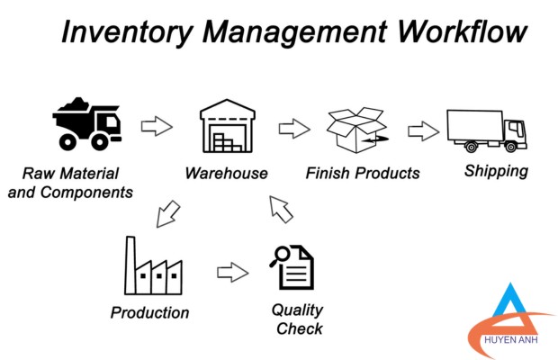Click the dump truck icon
(x=87, y=124)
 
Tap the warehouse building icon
(x=228, y=126)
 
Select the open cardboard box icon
(x=357, y=130)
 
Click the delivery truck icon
(x=487, y=130)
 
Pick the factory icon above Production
(x=153, y=265)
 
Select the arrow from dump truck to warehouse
(x=157, y=126)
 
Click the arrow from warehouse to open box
(x=294, y=129)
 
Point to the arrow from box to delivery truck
(x=424, y=130)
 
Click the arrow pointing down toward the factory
(x=168, y=214)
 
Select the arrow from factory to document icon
(x=233, y=273)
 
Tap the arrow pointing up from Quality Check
(x=281, y=210)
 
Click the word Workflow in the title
(x=462, y=32)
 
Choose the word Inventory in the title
(x=128, y=32)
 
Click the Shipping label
(x=496, y=171)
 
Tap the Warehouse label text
(x=226, y=173)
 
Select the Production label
(x=149, y=312)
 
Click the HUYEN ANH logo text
(x=510, y=339)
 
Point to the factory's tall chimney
(x=130, y=265)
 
